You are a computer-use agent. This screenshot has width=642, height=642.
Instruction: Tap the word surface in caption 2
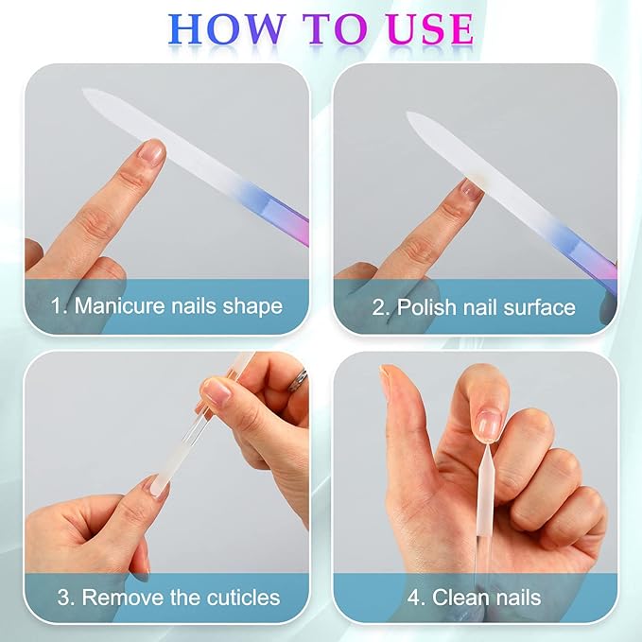(x=541, y=307)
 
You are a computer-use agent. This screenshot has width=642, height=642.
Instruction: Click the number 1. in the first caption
(x=61, y=306)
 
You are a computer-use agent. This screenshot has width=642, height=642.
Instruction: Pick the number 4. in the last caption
(x=417, y=598)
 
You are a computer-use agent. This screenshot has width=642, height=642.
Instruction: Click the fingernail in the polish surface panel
(x=471, y=188)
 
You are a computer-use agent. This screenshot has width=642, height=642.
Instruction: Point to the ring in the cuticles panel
(x=299, y=379)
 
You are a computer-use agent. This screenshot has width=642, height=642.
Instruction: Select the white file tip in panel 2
(x=417, y=119)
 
